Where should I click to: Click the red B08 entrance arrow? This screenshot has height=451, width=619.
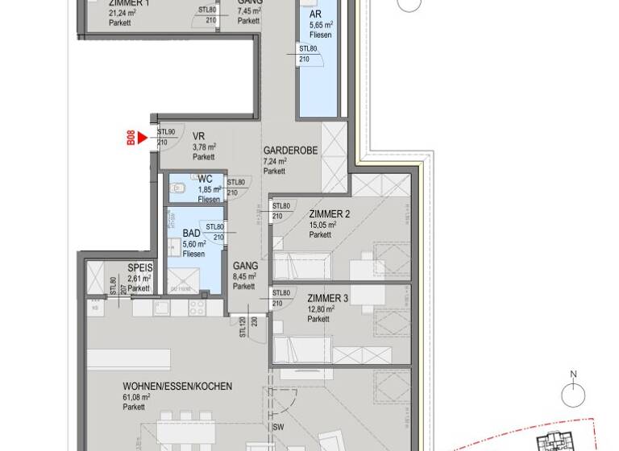142,139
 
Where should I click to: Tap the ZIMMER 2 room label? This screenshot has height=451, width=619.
328,213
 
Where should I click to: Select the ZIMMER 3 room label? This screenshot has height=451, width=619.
328,298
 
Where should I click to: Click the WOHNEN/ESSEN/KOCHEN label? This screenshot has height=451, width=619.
177,387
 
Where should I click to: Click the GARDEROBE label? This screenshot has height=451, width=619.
290,151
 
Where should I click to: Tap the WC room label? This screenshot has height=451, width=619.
205,179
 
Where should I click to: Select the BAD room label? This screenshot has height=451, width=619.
191,233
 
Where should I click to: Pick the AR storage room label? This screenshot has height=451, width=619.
316,14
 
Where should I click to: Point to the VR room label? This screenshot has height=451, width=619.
198,135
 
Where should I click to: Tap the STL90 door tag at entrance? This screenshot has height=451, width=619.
166,132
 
